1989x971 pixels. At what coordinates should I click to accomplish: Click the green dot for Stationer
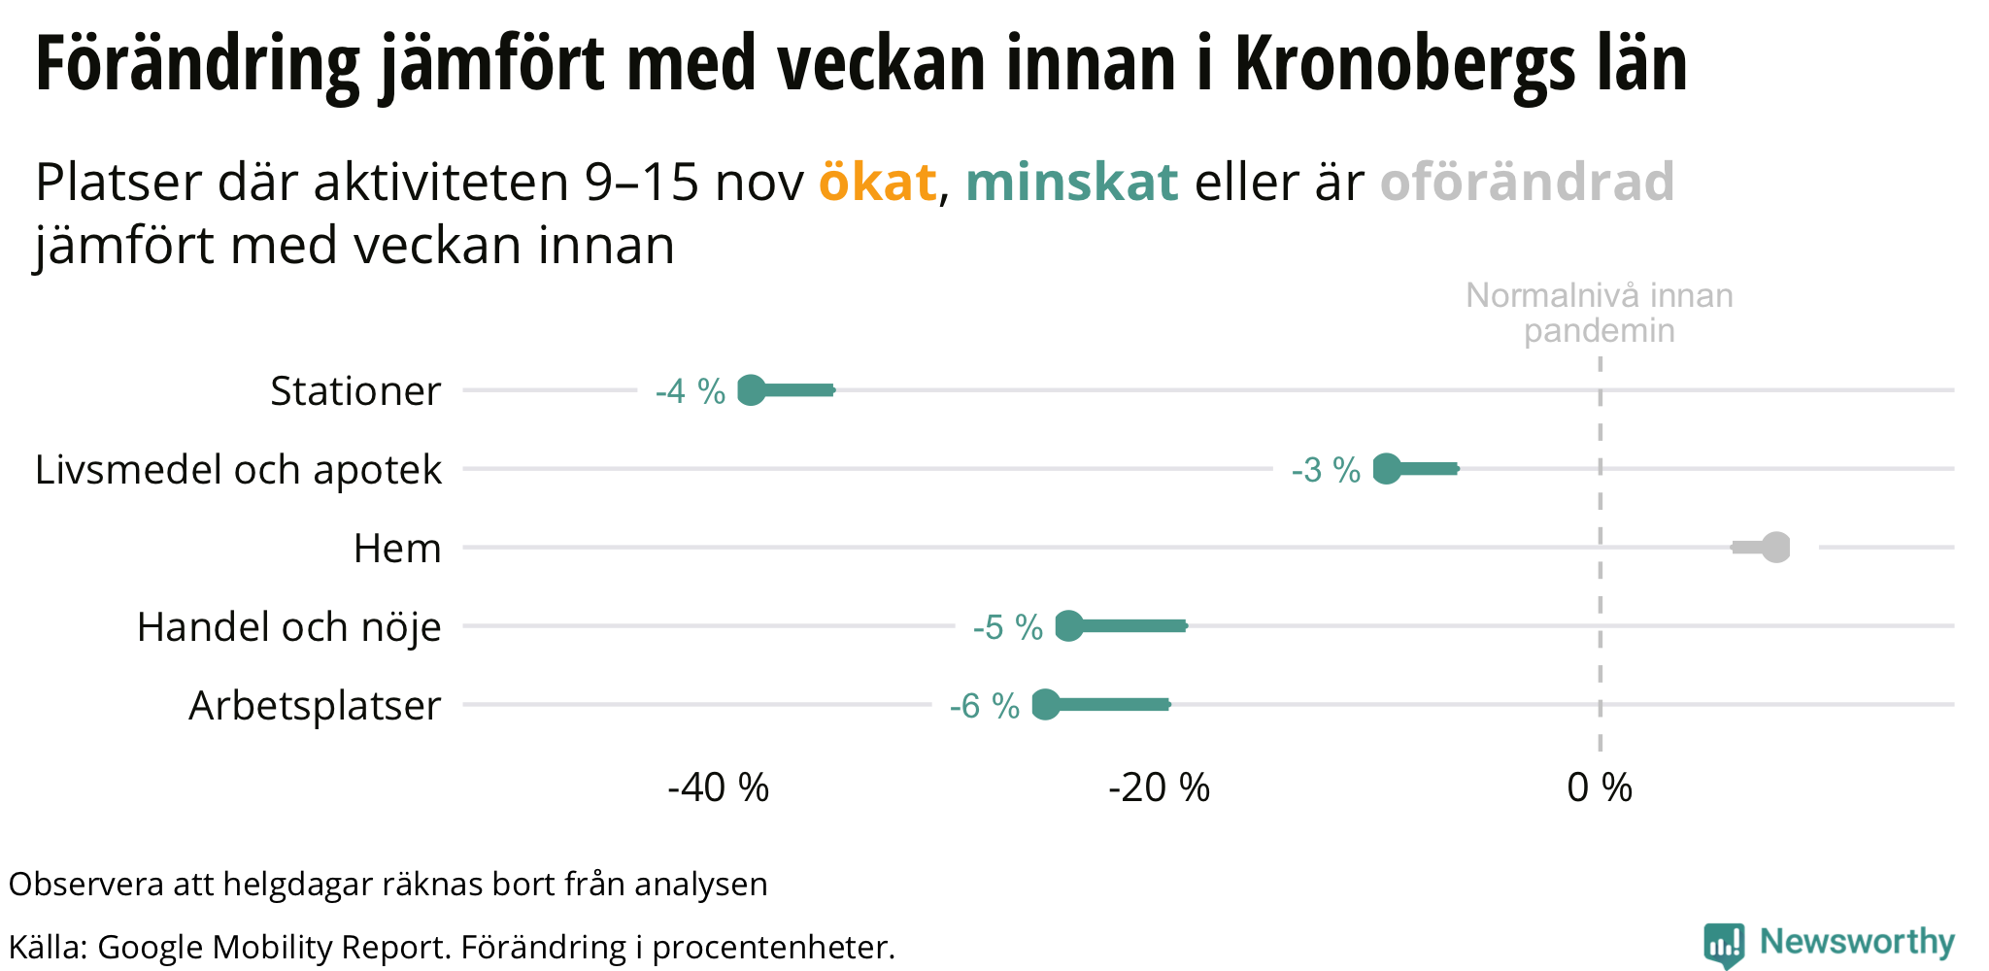pyautogui.click(x=752, y=390)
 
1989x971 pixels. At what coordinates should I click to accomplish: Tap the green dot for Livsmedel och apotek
pyautogui.click(x=1387, y=469)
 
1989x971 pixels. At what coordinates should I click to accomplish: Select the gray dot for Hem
pyautogui.click(x=1775, y=548)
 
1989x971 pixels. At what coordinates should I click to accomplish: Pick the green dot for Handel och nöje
pyautogui.click(x=1068, y=626)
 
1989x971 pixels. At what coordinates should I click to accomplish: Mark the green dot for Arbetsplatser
pyautogui.click(x=1045, y=705)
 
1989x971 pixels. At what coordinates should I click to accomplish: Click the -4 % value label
pyautogui.click(x=690, y=391)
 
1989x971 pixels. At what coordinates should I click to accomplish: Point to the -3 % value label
pyautogui.click(x=1326, y=470)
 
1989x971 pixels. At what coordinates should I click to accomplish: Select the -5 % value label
pyautogui.click(x=1007, y=627)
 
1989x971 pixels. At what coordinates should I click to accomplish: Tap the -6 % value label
pyautogui.click(x=984, y=706)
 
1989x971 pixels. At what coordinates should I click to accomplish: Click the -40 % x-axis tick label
pyautogui.click(x=718, y=787)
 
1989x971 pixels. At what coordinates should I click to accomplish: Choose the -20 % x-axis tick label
pyautogui.click(x=1159, y=787)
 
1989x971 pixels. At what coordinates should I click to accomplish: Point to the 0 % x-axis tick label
pyautogui.click(x=1600, y=787)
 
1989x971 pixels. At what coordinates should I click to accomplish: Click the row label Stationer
pyautogui.click(x=355, y=391)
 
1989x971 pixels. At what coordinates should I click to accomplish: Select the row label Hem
pyautogui.click(x=397, y=549)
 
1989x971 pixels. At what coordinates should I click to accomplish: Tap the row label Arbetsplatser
pyautogui.click(x=315, y=706)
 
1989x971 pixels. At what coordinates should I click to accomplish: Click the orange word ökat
pyautogui.click(x=877, y=182)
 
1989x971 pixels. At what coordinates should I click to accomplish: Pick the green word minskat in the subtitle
pyautogui.click(x=1071, y=182)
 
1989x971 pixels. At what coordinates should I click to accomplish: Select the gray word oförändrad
pyautogui.click(x=1527, y=182)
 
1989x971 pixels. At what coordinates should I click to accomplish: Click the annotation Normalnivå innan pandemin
pyautogui.click(x=1599, y=313)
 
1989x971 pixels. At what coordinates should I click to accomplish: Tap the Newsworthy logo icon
pyautogui.click(x=1723, y=945)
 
